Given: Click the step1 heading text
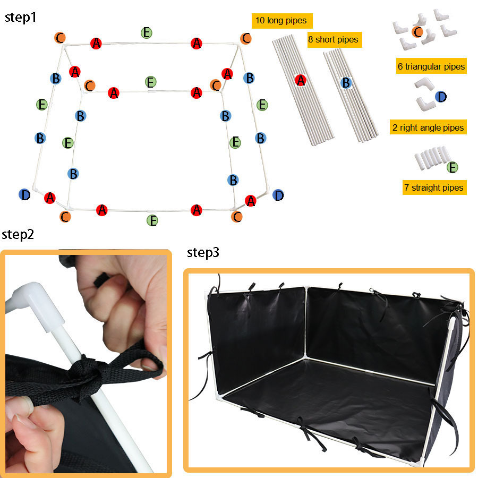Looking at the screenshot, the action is coord(21,17).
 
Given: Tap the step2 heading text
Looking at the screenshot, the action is coord(18,234).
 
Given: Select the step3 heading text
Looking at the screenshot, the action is coord(202,253).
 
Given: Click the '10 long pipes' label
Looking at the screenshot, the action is coord(281,21).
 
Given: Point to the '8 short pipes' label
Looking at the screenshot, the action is coord(333,40).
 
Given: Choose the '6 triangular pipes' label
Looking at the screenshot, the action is coord(431,66).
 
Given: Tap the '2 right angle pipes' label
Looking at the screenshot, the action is coord(428,127).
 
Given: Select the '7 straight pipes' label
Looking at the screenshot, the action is coord(434,187).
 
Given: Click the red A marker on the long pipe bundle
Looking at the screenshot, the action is coord(301,80).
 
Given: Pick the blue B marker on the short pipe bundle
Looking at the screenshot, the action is coord(346,82).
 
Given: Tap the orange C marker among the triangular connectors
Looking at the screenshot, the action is coord(418,32).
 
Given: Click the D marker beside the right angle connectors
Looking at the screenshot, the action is coord(440,97).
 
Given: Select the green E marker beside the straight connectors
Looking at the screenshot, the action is coord(452,168).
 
